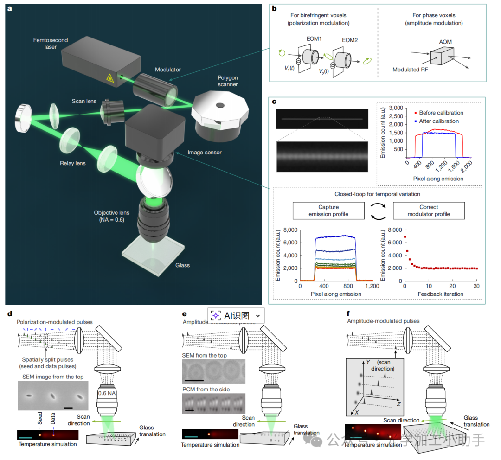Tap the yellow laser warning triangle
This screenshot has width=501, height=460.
(x=111, y=78)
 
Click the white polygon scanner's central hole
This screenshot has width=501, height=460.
(x=220, y=104)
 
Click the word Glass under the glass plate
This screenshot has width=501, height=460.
(x=182, y=265)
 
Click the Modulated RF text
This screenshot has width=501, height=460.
(x=411, y=70)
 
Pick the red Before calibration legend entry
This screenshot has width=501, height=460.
(x=438, y=113)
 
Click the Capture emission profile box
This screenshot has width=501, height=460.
(x=328, y=210)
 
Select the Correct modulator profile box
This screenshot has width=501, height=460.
(x=429, y=210)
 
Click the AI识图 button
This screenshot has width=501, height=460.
(x=237, y=316)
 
